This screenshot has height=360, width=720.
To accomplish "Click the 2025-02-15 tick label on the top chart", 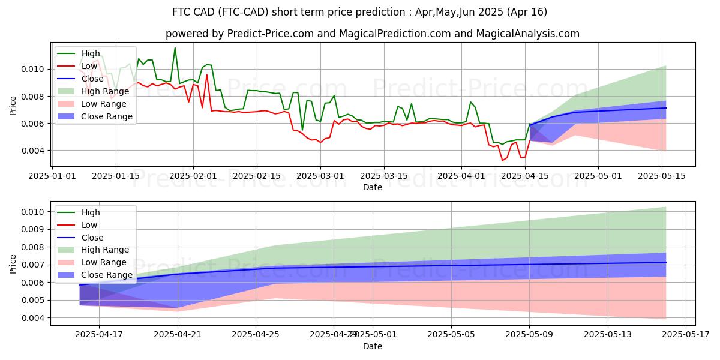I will tap(257, 176).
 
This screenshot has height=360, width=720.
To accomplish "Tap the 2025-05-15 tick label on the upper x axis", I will tap(662, 176).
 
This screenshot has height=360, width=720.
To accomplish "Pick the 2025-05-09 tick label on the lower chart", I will tap(529, 334).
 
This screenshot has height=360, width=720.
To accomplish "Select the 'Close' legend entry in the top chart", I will tap(91, 79).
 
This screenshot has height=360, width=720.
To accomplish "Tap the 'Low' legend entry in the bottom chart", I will tap(89, 225).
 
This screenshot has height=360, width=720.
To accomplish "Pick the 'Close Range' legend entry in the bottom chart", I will tap(107, 275).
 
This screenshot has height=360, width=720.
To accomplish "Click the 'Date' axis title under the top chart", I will tap(373, 187).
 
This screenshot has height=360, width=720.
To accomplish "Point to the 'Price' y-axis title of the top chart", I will tap(13, 104).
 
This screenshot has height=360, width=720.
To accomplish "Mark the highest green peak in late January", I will tap(175, 48).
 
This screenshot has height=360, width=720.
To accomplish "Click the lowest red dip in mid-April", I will tap(503, 160).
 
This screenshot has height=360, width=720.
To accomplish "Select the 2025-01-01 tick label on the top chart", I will tap(52, 176).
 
